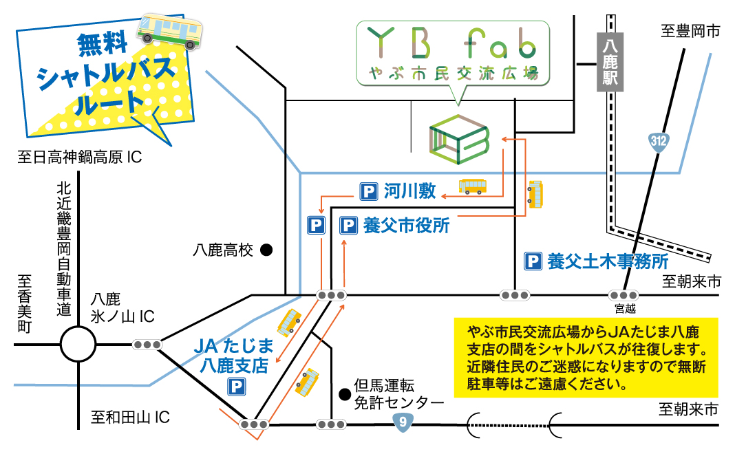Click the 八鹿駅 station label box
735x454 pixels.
pyautogui.click(x=610, y=61)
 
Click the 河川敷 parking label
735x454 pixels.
pyautogui.click(x=409, y=191)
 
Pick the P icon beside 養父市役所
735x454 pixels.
pyautogui.click(x=349, y=226)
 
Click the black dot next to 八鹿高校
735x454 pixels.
pyautogui.click(x=266, y=250)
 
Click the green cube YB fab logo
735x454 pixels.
pyautogui.click(x=458, y=137)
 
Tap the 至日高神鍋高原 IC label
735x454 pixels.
pyautogui.click(x=80, y=158)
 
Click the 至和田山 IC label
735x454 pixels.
pyautogui.click(x=130, y=417)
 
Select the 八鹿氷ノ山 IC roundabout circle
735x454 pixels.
pyautogui.click(x=77, y=343)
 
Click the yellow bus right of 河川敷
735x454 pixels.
pyautogui.click(x=473, y=186)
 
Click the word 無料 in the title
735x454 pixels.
pyautogui.click(x=104, y=45)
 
